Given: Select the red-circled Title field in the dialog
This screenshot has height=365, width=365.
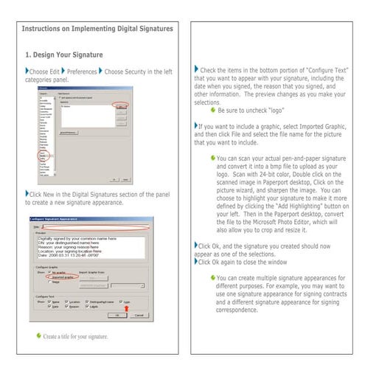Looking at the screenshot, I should tap(96, 227).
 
